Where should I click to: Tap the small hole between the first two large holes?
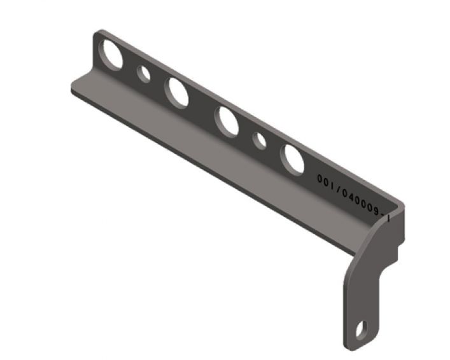click(145, 74)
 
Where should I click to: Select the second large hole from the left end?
click(176, 91)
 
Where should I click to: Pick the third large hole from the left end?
click(227, 120)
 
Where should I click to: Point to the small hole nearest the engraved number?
click(260, 141)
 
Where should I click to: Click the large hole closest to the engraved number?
click(293, 160)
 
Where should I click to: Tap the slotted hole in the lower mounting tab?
click(362, 329)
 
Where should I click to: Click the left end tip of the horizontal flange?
click(73, 88)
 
